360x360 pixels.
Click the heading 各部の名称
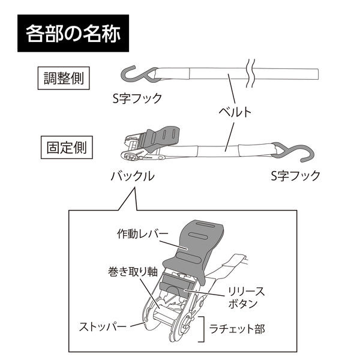point(73,33)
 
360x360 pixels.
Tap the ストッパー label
point(103,328)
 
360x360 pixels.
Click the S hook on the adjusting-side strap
point(136,75)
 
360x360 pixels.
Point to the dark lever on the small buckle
point(161,136)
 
